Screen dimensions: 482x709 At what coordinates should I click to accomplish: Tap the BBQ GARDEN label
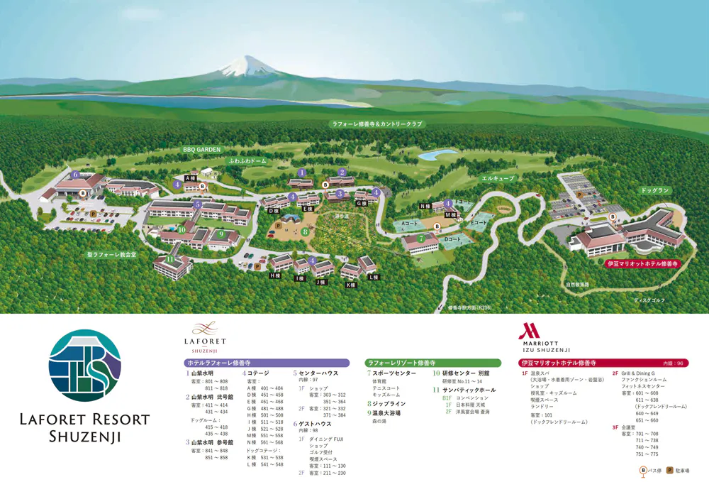(203, 150)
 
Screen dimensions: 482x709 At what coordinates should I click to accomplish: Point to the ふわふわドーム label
(247, 161)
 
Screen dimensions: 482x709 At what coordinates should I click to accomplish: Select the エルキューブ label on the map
(497, 178)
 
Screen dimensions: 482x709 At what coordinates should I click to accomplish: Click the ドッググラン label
(654, 191)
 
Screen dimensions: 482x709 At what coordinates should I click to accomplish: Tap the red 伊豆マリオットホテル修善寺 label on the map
(643, 263)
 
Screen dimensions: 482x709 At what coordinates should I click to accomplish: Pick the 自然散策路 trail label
(577, 284)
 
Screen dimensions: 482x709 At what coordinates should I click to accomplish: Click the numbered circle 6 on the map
(75, 173)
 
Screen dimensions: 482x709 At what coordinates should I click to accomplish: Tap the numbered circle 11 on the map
(170, 258)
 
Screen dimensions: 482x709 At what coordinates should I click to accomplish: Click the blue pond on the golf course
(442, 152)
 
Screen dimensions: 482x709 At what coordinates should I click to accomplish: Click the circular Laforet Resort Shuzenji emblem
(85, 366)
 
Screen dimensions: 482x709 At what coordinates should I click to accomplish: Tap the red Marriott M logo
(528, 331)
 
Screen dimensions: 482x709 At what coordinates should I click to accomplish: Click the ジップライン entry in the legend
(386, 403)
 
